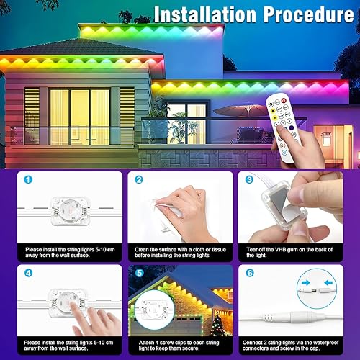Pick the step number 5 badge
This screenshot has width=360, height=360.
[139, 273]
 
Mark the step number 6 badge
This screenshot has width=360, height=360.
[250, 273]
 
